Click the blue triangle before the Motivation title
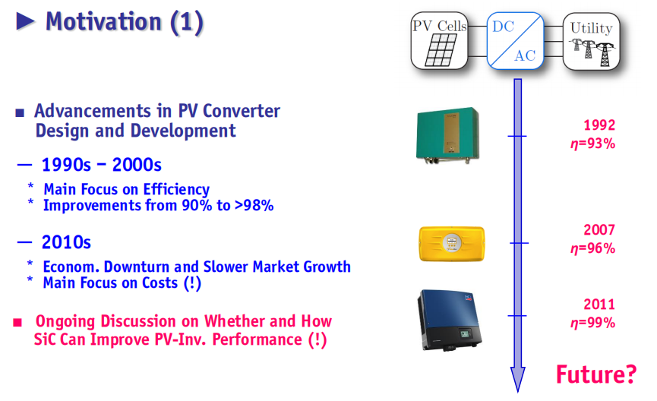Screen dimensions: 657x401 point(25,21)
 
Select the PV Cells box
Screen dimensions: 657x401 point(439,41)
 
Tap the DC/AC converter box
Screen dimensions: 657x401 point(515,41)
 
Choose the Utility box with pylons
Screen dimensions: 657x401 point(591,41)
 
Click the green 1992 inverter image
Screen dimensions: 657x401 point(447,135)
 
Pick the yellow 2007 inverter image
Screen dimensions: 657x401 point(452,244)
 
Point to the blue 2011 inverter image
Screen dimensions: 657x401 point(449,320)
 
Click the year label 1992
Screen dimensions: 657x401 point(599,125)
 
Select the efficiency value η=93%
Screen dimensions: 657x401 point(593,144)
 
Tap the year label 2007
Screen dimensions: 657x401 point(599,229)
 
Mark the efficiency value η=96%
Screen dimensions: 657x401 point(593,248)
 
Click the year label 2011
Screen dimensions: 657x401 point(599,305)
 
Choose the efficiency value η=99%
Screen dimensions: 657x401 point(593,323)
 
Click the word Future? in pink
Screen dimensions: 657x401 point(595,374)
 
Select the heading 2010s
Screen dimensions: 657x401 point(66,242)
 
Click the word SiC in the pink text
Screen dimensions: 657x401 point(44,339)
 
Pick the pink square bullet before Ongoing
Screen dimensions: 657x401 point(17,322)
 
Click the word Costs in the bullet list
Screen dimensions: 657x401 point(160,283)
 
